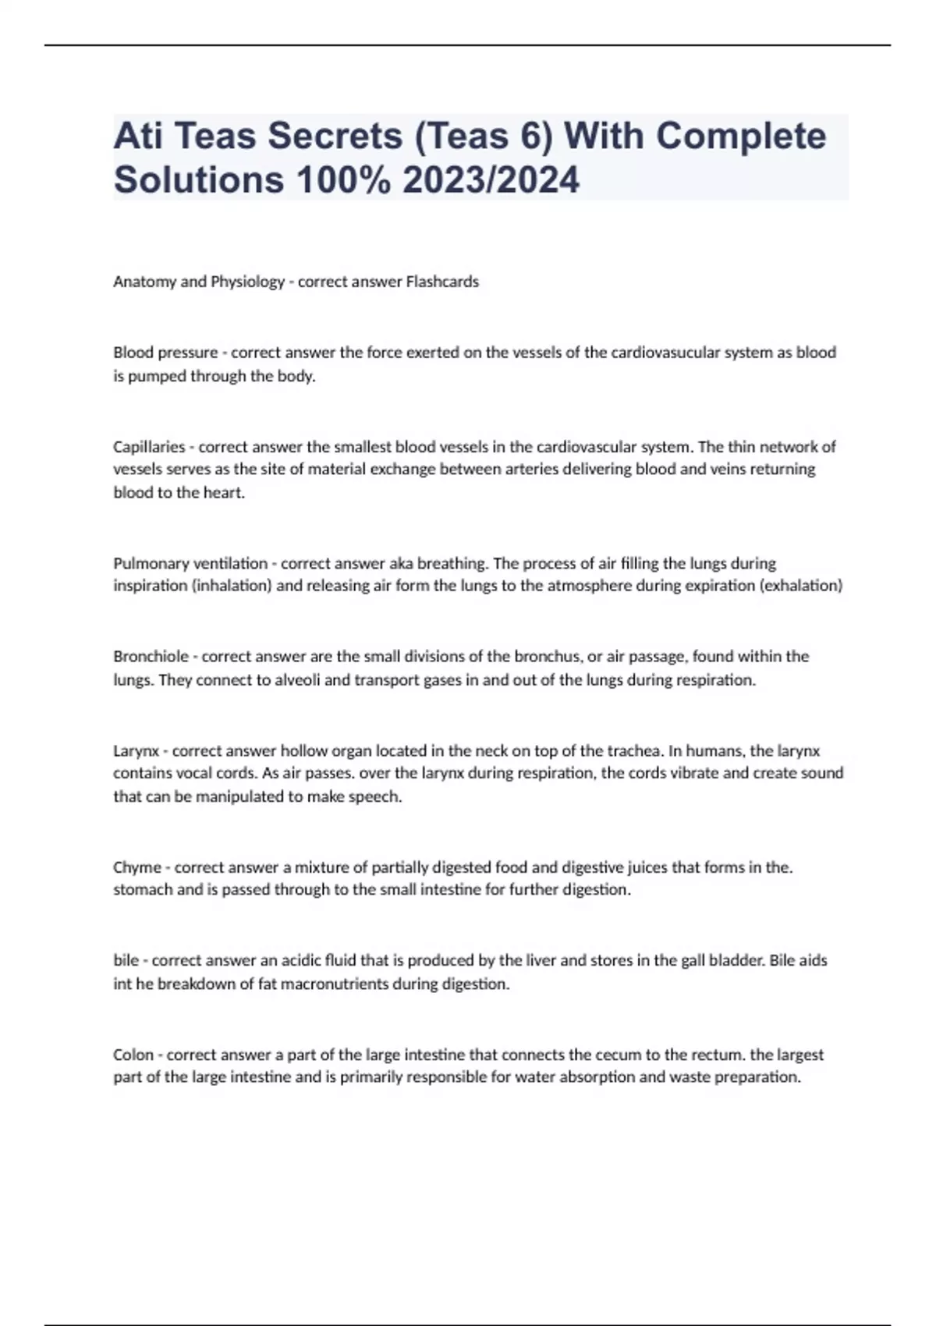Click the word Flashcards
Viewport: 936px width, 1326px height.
coord(442,282)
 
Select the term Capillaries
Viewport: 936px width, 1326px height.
coord(149,447)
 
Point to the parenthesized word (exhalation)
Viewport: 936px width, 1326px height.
coord(801,586)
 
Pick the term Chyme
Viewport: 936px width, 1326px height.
coord(136,867)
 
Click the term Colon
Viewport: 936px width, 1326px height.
coord(133,1055)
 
